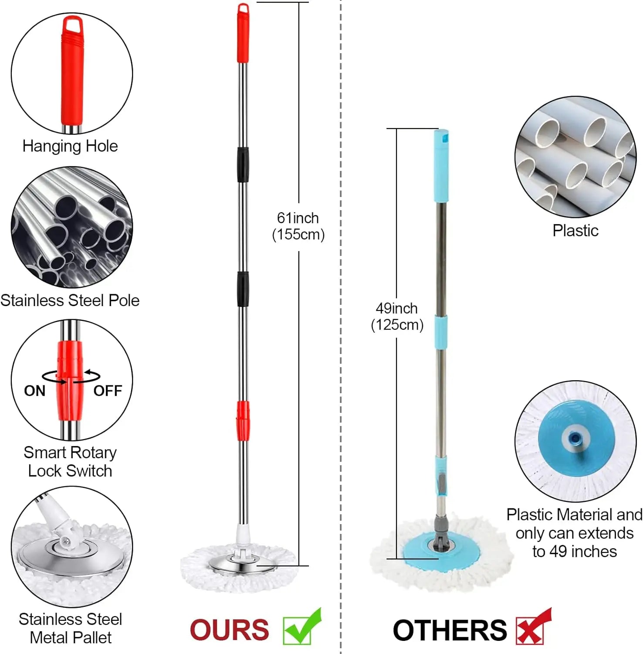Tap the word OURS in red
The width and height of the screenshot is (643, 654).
(229, 630)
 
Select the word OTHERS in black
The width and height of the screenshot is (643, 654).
(450, 630)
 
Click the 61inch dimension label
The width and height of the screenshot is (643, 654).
(298, 218)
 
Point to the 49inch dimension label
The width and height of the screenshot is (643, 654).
(396, 308)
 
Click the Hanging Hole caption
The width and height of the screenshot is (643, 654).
(70, 146)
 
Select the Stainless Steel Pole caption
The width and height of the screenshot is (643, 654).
(70, 300)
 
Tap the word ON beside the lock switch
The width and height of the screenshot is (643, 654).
(35, 391)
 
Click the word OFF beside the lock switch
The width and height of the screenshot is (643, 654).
(108, 391)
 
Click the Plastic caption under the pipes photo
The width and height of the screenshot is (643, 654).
(575, 231)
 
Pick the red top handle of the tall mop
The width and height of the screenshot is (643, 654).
(243, 35)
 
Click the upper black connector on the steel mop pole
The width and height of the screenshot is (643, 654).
(243, 165)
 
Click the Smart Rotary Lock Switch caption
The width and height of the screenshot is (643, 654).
(70, 462)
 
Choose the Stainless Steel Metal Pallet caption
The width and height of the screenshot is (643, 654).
(70, 628)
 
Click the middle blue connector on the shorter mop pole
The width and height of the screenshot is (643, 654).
(442, 332)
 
